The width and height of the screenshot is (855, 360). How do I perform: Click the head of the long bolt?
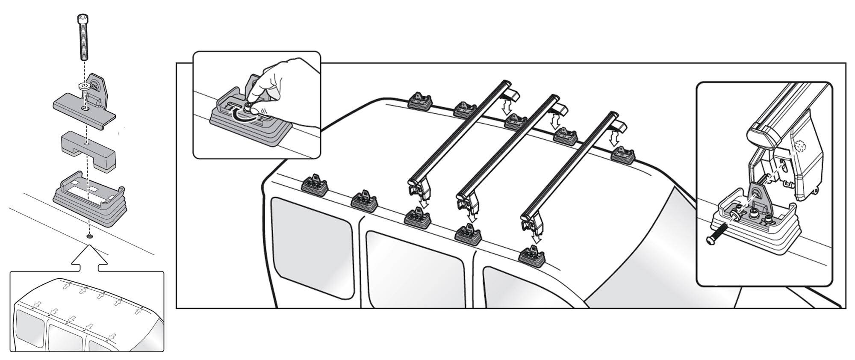pos(83,19)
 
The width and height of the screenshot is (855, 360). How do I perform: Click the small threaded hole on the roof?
pos(89,236)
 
